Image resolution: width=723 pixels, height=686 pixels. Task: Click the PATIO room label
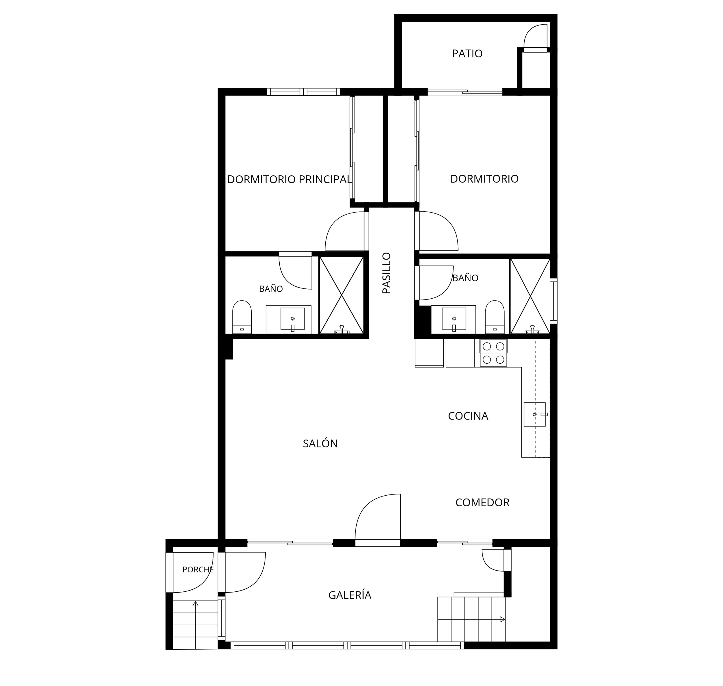point(467,54)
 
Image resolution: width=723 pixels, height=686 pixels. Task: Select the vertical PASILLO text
point(386,273)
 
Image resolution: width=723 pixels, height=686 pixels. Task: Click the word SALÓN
point(320,443)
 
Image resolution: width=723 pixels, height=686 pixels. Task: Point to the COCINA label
point(468,416)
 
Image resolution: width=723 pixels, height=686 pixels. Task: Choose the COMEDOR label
point(482,503)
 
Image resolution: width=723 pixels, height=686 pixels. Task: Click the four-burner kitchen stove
point(493,353)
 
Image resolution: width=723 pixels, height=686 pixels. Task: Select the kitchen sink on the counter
point(535,414)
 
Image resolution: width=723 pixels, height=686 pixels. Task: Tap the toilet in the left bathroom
point(242,317)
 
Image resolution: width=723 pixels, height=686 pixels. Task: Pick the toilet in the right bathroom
point(495,317)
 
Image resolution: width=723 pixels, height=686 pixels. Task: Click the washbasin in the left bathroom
point(292,319)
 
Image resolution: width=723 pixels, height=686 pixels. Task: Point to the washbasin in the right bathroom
point(454,319)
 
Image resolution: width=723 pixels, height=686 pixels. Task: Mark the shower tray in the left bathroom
point(341,295)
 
